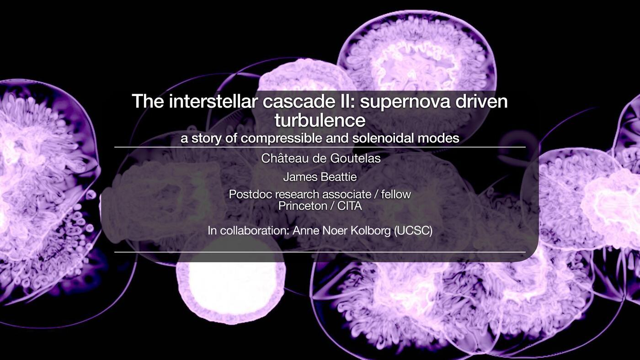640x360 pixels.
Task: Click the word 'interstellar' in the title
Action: coord(213,101)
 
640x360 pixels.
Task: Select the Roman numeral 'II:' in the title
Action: coord(347,101)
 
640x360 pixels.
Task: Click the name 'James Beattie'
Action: coord(320,177)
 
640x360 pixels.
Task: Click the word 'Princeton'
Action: coord(302,206)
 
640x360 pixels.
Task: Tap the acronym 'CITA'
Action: coord(349,206)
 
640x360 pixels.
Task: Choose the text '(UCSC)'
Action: coord(413,231)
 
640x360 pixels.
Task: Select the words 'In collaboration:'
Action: coord(249,231)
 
